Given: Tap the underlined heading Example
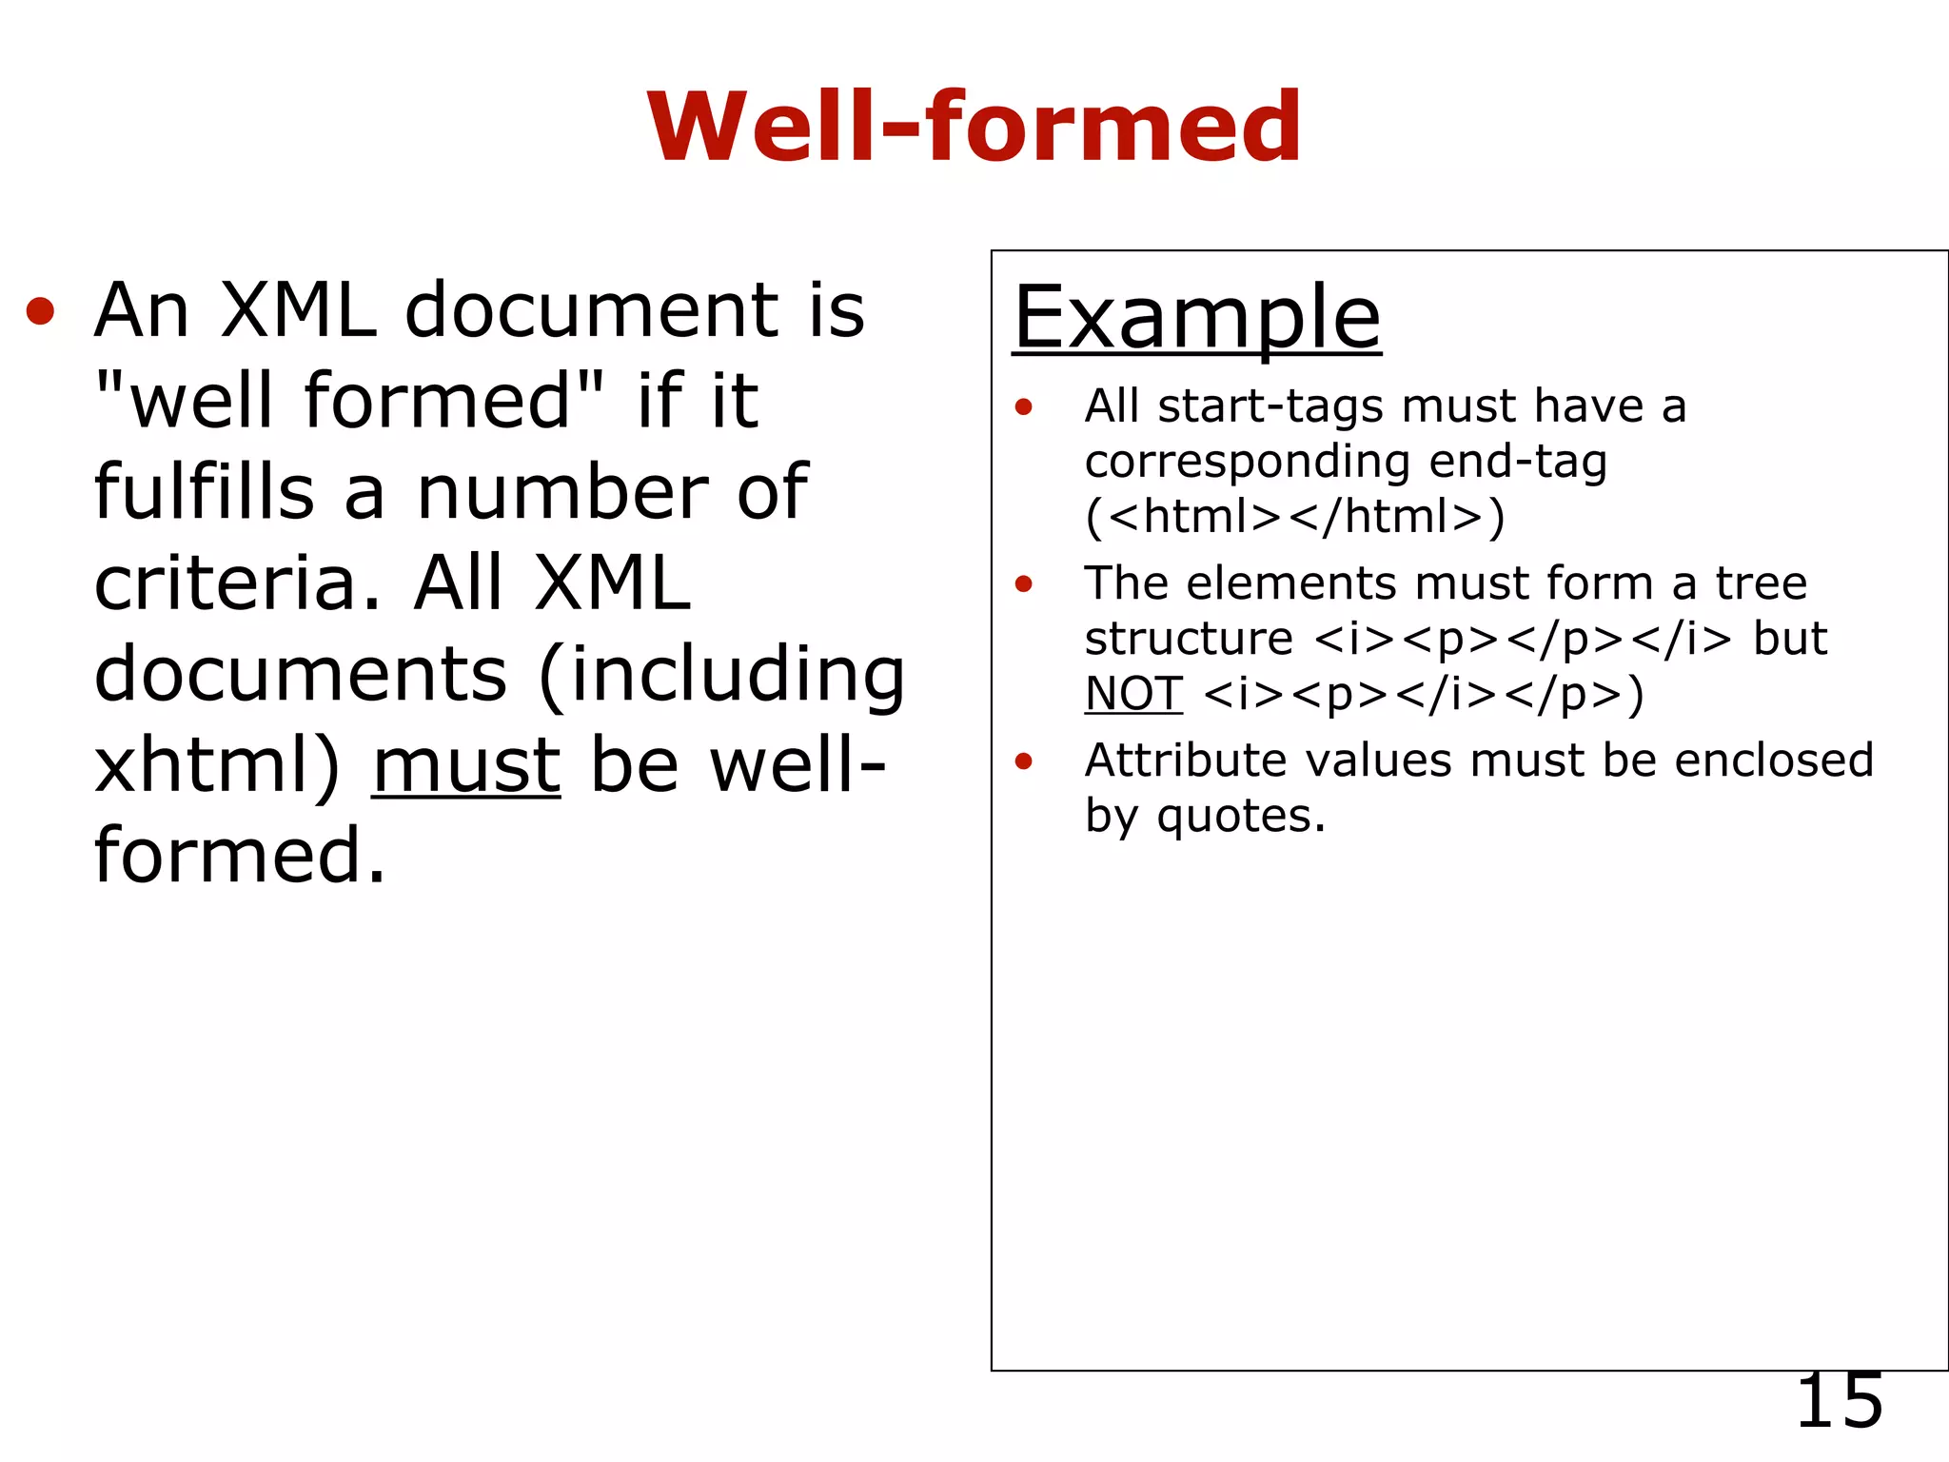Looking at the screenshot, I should [x=1196, y=317].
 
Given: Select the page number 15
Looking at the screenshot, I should [x=1839, y=1401].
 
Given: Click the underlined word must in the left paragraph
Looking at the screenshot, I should [x=466, y=766].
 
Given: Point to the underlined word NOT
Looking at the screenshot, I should [x=1133, y=694].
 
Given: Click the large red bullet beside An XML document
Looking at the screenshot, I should [x=40, y=311].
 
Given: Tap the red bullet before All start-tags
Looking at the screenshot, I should [x=1023, y=408].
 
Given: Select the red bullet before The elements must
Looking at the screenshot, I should [x=1023, y=584].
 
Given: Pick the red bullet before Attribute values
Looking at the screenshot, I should [x=1023, y=761].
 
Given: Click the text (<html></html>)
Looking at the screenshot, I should [x=1294, y=517].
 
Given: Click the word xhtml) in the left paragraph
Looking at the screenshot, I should [x=217, y=766].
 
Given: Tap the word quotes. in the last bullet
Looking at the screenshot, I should [x=1241, y=817].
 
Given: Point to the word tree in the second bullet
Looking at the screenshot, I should [x=1761, y=583].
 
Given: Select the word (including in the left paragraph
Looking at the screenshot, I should [x=721, y=675].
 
